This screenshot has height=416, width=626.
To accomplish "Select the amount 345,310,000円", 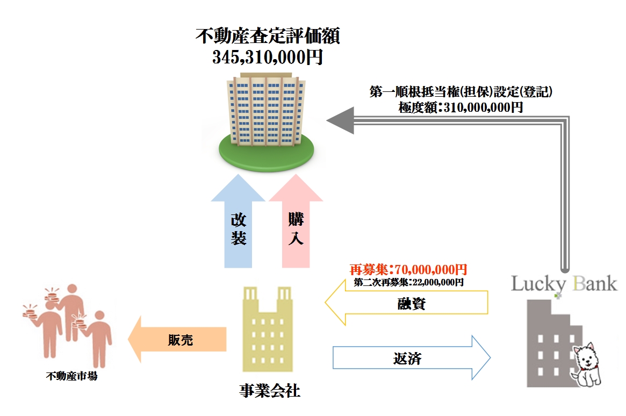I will point(268,56).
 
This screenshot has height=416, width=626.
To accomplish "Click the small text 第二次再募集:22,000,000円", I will point(408,282).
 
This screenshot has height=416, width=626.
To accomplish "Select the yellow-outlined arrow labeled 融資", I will point(408,304).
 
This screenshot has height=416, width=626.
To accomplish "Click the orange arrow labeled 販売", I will point(177,339).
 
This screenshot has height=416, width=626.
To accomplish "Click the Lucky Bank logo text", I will point(564,284).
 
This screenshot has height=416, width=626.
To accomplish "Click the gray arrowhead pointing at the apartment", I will point(340,120).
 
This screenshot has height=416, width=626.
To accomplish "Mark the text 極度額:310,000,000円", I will point(460,107).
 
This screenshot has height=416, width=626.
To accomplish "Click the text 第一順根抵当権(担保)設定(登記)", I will point(461,92).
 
